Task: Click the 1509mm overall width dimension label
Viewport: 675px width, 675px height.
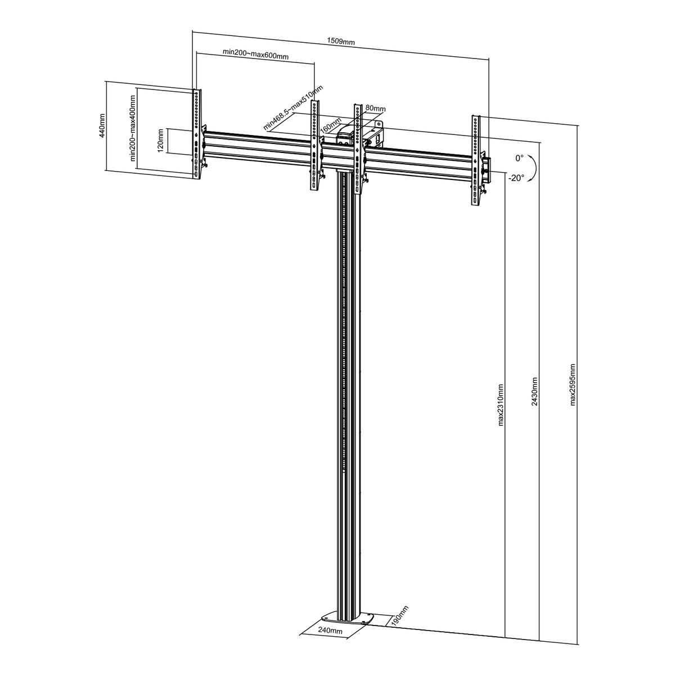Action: (340, 41)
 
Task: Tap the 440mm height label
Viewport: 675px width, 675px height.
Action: (102, 125)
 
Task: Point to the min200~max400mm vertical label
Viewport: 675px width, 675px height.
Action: (133, 128)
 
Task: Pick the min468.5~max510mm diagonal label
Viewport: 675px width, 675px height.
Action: (293, 108)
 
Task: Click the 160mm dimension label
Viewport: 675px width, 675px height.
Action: (331, 125)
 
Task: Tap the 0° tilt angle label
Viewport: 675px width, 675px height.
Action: (519, 158)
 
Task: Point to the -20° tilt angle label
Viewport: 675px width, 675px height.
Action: (516, 178)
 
